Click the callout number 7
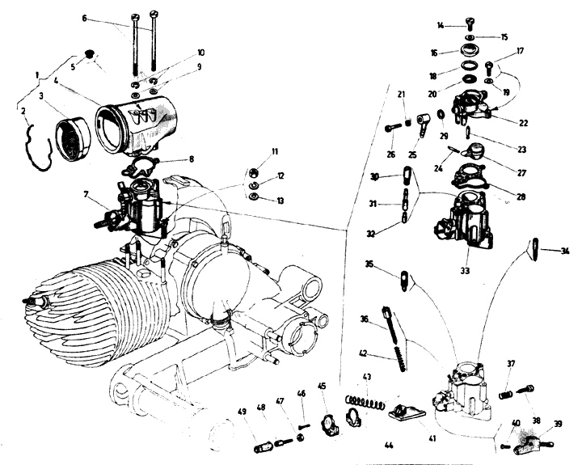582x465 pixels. tap(86, 194)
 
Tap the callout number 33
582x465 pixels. tap(465, 271)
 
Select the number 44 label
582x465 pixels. tap(389, 445)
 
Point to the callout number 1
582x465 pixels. tap(37, 75)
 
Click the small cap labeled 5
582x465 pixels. tap(89, 53)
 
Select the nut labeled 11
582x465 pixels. tap(254, 171)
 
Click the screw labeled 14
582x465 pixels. tap(470, 23)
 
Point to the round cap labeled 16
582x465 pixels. tap(470, 51)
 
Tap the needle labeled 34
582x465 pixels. tap(535, 249)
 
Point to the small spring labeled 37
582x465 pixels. tap(506, 395)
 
